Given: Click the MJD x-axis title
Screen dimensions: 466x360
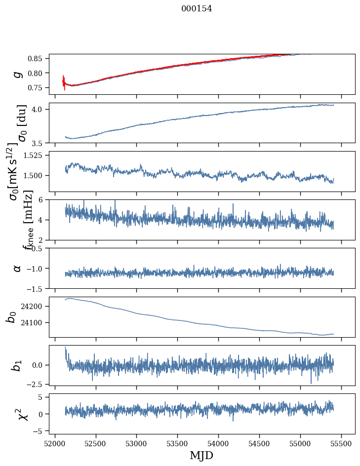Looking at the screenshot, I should click(201, 456).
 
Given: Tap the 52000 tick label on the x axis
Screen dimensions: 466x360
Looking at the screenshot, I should click(55, 443).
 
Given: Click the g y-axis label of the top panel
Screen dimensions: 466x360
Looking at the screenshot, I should click(18, 74).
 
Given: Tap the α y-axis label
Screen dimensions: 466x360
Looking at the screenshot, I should click(18, 268).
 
